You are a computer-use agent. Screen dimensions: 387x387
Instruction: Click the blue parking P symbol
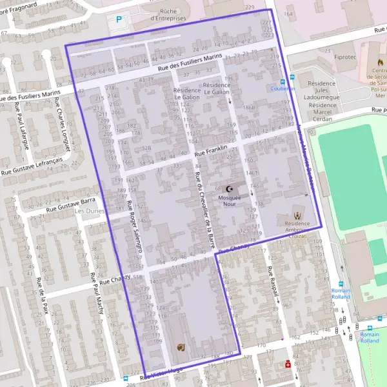(x=118, y=20)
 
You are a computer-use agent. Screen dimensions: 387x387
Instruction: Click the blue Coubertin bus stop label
(x=283, y=88)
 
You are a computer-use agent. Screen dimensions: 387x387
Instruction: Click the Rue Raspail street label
(x=273, y=279)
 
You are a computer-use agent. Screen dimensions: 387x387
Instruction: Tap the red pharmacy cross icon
(x=288, y=364)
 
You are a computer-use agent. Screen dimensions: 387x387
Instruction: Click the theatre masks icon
(x=181, y=347)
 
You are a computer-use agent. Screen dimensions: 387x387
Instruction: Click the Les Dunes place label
(x=89, y=211)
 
